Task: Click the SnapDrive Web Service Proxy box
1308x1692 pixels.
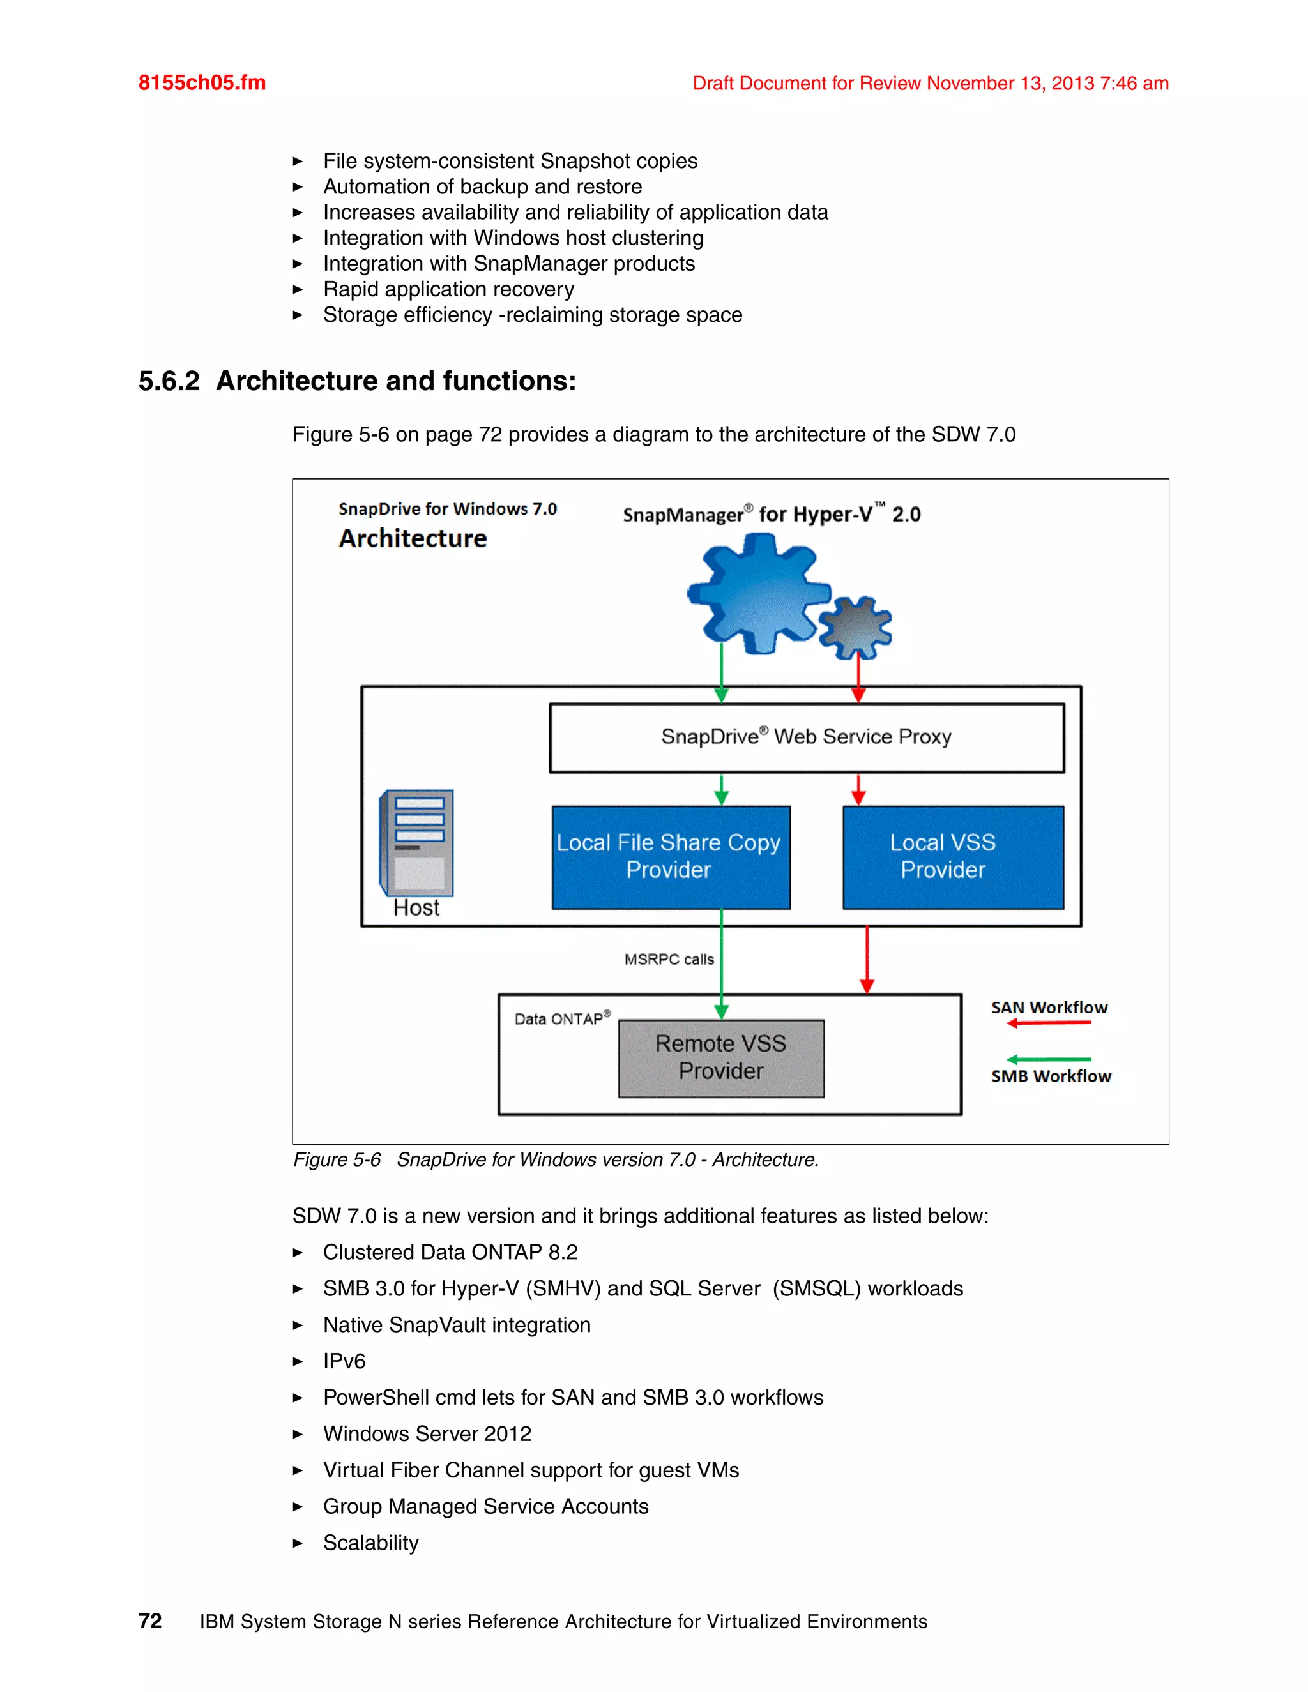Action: coord(806,737)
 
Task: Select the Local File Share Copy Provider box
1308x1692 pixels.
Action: coord(670,857)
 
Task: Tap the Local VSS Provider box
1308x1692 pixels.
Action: coord(952,857)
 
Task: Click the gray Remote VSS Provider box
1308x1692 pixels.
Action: coord(720,1057)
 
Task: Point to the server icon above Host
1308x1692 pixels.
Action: coord(417,842)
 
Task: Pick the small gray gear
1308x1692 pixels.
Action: coord(855,628)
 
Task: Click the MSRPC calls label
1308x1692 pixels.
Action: coord(669,959)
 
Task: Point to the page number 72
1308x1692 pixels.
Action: coord(150,1620)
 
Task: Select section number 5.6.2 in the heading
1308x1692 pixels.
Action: coord(169,381)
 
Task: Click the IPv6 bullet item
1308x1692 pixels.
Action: coord(344,1361)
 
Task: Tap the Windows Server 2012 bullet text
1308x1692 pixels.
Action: coord(427,1434)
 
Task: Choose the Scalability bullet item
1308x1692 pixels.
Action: coord(370,1543)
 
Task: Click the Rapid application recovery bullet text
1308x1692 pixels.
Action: coord(448,289)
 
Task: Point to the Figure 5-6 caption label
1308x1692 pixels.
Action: coord(337,1159)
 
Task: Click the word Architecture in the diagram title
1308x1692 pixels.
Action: coord(413,538)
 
